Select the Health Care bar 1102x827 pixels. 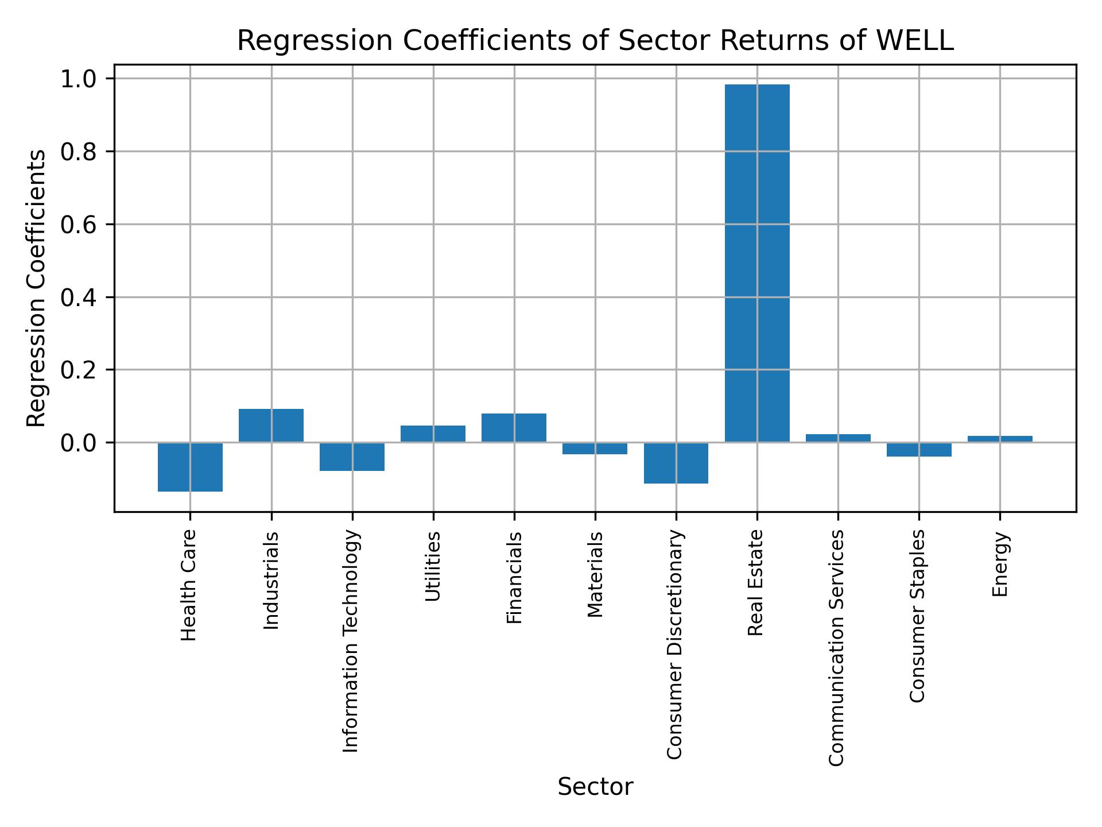[190, 467]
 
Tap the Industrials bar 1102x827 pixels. [271, 426]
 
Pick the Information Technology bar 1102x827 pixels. [352, 457]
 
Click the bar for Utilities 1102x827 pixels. [433, 434]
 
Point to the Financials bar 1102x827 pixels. [514, 428]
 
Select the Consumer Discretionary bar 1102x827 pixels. [676, 463]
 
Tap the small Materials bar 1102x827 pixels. [595, 448]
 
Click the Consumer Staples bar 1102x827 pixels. [919, 449]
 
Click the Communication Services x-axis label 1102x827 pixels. [837, 648]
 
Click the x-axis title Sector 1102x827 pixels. [595, 787]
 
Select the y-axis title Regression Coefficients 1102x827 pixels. [37, 288]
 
